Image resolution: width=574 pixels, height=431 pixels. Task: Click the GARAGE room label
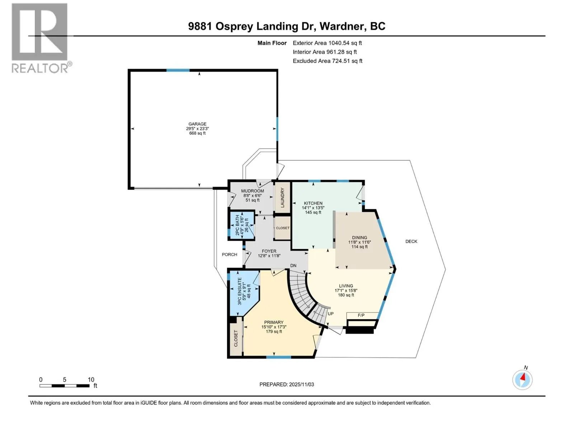(x=197, y=124)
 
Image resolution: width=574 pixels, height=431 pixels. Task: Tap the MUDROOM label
(x=252, y=191)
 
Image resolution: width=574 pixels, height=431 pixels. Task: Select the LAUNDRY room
(x=282, y=198)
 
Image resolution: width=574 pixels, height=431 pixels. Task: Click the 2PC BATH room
(x=241, y=225)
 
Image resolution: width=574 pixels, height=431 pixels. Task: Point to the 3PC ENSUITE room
(x=243, y=293)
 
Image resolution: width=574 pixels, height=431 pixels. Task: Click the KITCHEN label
(x=313, y=203)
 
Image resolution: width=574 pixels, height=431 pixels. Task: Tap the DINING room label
(x=359, y=238)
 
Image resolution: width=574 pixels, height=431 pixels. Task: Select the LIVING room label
(x=346, y=286)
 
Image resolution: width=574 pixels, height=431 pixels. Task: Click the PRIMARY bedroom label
(x=274, y=323)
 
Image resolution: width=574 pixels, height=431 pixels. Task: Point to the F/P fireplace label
(x=361, y=315)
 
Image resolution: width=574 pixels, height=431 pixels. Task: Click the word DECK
(x=411, y=241)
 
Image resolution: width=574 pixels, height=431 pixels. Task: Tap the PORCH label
(x=230, y=254)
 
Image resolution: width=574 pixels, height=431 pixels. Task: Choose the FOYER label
(x=269, y=251)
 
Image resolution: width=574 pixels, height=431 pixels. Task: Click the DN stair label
(x=293, y=265)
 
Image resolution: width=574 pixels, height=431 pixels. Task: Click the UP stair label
(x=330, y=314)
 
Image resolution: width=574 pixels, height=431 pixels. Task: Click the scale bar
(x=65, y=386)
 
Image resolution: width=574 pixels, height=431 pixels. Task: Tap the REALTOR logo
(x=41, y=38)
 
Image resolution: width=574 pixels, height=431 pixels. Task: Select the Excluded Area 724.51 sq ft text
(x=328, y=61)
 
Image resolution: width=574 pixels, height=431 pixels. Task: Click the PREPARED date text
(x=287, y=384)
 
